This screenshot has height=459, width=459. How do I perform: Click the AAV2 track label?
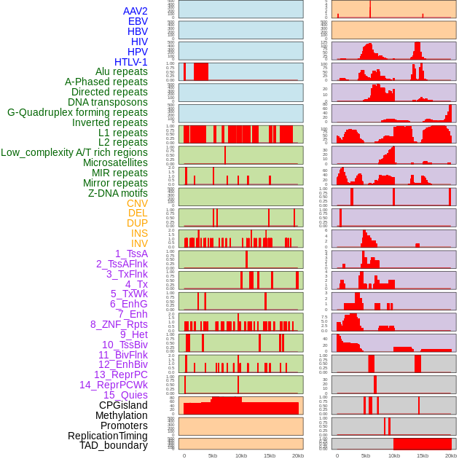[x=136, y=12]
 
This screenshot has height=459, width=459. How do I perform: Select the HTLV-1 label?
[x=131, y=62]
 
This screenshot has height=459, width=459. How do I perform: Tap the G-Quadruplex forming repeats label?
[x=77, y=112]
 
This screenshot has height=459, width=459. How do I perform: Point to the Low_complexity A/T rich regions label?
[x=74, y=152]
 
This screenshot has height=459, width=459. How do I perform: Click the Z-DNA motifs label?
[x=118, y=193]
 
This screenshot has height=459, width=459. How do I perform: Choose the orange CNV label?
[x=137, y=203]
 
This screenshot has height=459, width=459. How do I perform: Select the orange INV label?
[x=139, y=243]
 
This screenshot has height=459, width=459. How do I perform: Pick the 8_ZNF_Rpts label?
[x=119, y=324]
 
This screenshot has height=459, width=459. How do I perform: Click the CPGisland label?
[x=123, y=405]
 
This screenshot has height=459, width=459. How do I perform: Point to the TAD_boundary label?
[x=114, y=445]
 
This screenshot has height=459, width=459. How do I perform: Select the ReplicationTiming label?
[x=108, y=436]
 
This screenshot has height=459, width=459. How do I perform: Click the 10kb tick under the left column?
[x=240, y=455]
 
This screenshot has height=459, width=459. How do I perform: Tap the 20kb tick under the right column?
[x=450, y=455]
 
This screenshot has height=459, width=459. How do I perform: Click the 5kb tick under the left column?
[x=212, y=455]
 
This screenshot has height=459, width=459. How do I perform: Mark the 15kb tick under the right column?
[x=422, y=455]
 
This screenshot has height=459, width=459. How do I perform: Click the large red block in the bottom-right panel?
[x=423, y=443]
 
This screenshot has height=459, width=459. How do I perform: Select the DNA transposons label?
[x=108, y=102]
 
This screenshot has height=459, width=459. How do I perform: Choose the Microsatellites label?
[x=115, y=162]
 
